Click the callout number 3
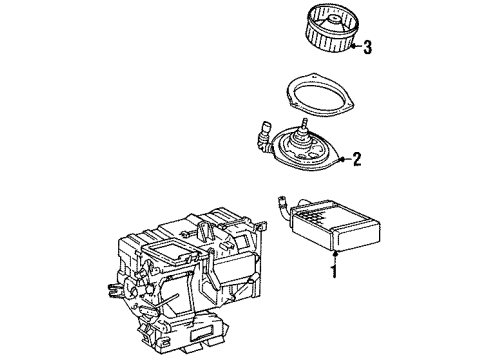coord(367,47)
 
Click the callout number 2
coord(356,159)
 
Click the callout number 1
coord(334,271)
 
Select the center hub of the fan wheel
coord(333,21)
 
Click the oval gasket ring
coord(319,94)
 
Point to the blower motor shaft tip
coord(304,120)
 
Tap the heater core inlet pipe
coord(283,207)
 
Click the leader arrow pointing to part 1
coord(335,257)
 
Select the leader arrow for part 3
coord(356,47)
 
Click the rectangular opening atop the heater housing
coord(167,248)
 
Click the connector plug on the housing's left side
coord(114,290)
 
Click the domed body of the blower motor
coord(299,139)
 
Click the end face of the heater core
coord(357,237)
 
